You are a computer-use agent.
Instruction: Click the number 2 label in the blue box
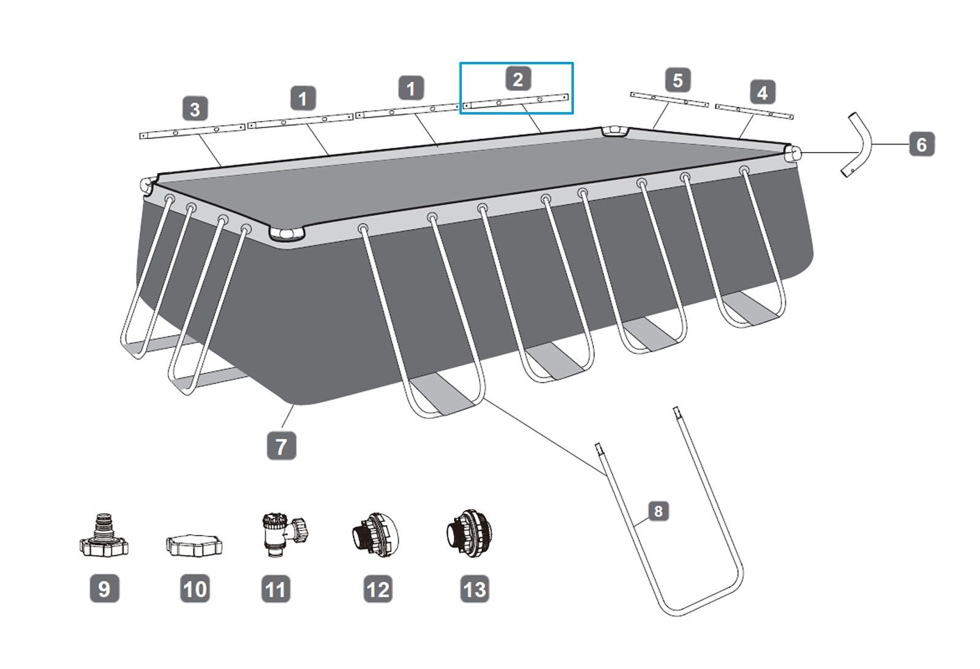click(x=518, y=79)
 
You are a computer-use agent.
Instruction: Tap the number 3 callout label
click(x=195, y=109)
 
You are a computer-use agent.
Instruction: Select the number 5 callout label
click(x=678, y=80)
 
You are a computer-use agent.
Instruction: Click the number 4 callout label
click(x=763, y=93)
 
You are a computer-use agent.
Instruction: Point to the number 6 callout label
click(x=922, y=144)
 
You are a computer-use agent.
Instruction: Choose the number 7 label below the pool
click(x=281, y=446)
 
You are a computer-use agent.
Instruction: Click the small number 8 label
click(x=658, y=511)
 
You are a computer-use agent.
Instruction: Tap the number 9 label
click(x=105, y=589)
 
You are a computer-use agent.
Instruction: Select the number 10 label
click(x=195, y=589)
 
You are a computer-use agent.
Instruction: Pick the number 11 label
click(x=276, y=589)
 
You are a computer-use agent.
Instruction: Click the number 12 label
click(x=378, y=589)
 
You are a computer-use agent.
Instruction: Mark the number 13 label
click(x=475, y=589)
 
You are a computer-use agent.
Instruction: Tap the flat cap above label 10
click(x=194, y=545)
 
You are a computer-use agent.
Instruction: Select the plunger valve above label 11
click(x=284, y=535)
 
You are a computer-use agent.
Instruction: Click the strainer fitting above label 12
click(x=375, y=535)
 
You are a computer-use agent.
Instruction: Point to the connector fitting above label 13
click(x=469, y=534)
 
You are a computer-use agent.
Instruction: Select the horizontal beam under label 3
click(x=192, y=131)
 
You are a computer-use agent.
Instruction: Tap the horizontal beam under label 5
click(x=669, y=99)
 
